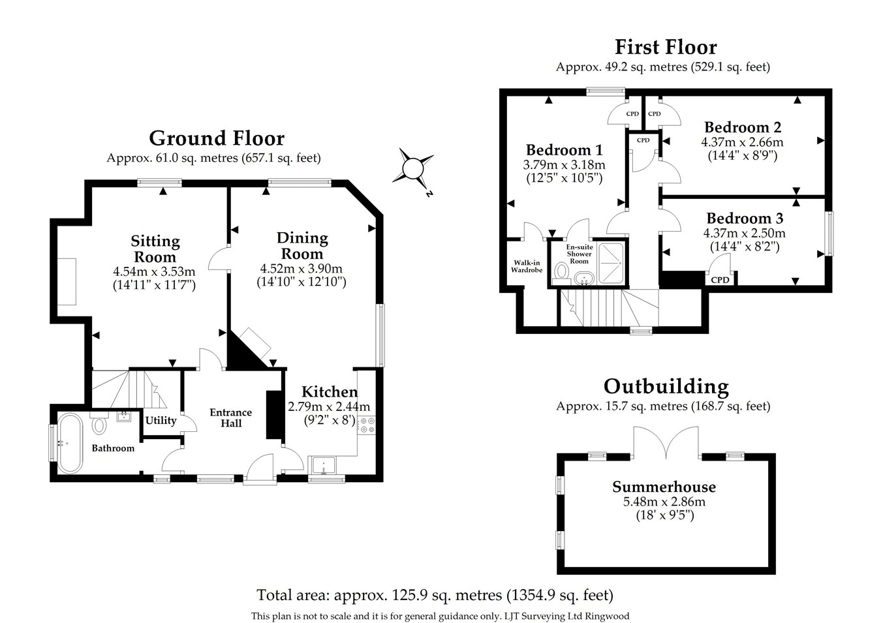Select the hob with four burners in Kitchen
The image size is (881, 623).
pyautogui.click(x=367, y=425)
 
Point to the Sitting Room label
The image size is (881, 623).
pyautogui.click(x=155, y=249)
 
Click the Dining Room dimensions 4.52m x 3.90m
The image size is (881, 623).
pyautogui.click(x=301, y=269)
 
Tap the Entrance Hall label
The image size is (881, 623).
pyautogui.click(x=231, y=418)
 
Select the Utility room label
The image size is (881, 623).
pyautogui.click(x=161, y=420)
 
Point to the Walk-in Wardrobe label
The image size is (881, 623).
pyautogui.click(x=527, y=266)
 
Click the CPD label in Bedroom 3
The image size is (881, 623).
pyautogui.click(x=720, y=279)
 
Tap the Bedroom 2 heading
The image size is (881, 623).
pyautogui.click(x=743, y=127)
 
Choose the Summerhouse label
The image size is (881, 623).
pyautogui.click(x=664, y=487)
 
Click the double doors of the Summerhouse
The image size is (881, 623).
pyautogui.click(x=666, y=442)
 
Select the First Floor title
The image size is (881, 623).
pyautogui.click(x=666, y=47)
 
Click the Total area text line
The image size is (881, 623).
pyautogui.click(x=435, y=595)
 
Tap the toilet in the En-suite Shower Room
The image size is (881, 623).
pyautogui.click(x=562, y=273)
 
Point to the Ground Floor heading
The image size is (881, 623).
pyautogui.click(x=217, y=138)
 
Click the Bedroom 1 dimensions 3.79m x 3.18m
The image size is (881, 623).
pyautogui.click(x=564, y=164)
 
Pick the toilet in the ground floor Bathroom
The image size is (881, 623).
pyautogui.click(x=99, y=423)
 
